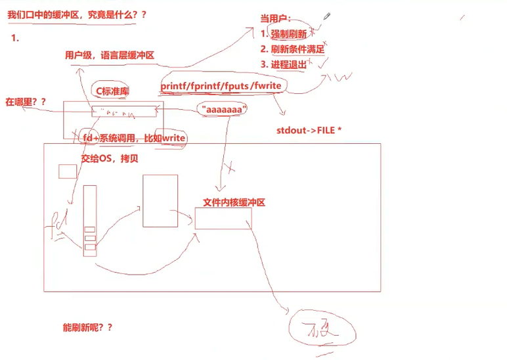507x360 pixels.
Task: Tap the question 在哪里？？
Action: (26, 102)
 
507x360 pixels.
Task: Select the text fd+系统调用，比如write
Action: (134, 139)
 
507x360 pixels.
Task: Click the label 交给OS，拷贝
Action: (110, 158)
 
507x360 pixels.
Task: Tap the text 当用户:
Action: (276, 20)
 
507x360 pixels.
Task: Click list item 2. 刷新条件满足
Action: (293, 49)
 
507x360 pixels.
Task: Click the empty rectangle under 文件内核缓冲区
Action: (223, 218)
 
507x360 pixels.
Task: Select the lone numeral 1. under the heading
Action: (15, 38)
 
